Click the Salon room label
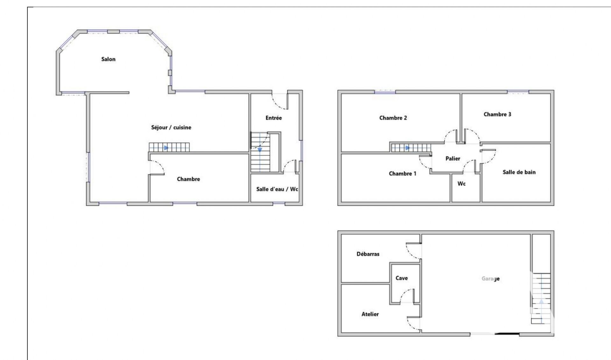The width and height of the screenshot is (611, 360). point(108,59)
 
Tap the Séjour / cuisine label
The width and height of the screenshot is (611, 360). point(171,128)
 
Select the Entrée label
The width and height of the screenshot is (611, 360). point(274,118)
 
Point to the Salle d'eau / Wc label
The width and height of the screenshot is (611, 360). point(277,189)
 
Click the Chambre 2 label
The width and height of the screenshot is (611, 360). point(393,118)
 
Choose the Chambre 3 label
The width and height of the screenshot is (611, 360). point(497,114)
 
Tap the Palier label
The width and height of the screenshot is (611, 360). point(453,159)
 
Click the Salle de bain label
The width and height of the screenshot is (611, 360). point(519,172)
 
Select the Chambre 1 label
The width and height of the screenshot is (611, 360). point(403,174)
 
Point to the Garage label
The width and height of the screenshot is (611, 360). point(490,279)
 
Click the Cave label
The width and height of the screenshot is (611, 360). point(402,278)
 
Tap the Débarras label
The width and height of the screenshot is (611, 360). point(368,254)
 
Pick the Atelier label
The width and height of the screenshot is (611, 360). point(370,314)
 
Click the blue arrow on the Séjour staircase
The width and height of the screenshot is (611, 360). point(166,148)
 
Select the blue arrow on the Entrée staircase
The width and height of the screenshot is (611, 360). point(260,150)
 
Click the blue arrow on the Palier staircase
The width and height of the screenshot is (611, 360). point(407,148)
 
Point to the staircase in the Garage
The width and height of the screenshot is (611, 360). point(541,298)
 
